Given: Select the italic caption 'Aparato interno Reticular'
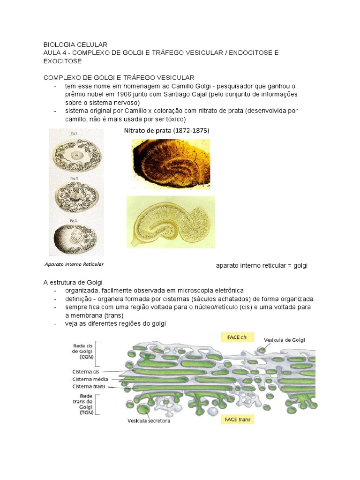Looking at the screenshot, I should point(74,264).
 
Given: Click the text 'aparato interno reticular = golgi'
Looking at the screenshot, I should point(261,266).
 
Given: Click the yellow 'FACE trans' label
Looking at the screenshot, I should point(237,420).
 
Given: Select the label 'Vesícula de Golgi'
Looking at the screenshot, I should point(285,340).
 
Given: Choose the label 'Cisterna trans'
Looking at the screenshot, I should point(89,387).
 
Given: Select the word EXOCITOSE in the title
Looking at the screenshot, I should point(62,61).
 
